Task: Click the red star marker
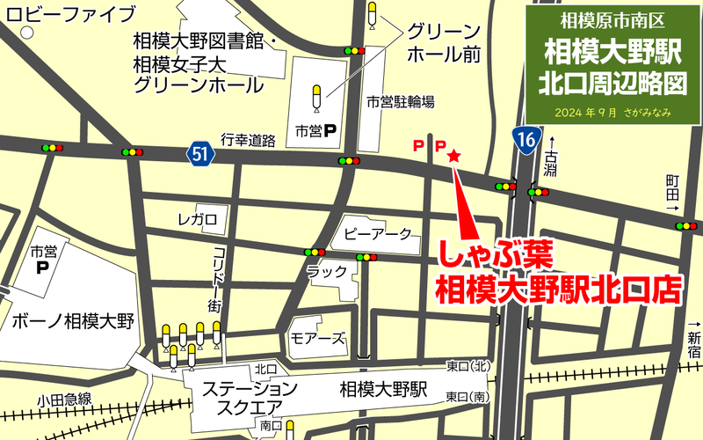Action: pos(454,156)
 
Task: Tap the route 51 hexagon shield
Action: pos(201,154)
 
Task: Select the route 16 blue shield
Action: pos(525,139)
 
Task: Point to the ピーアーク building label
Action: pos(378,234)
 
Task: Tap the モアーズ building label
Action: pos(317,339)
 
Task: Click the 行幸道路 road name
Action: pos(249,140)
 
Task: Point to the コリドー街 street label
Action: pos(215,278)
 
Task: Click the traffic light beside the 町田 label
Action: pos(685,226)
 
